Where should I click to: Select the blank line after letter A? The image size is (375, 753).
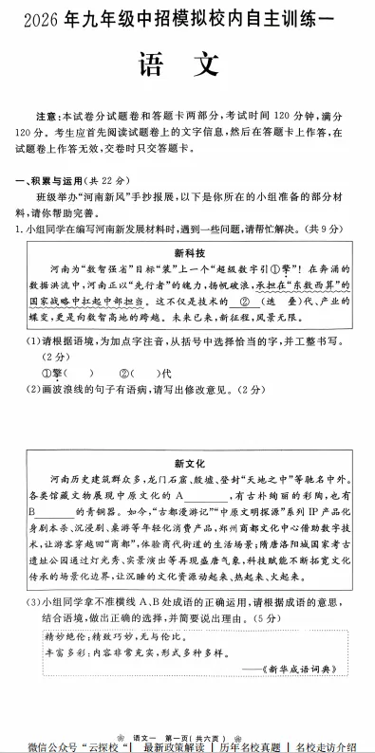tap(201, 497)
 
